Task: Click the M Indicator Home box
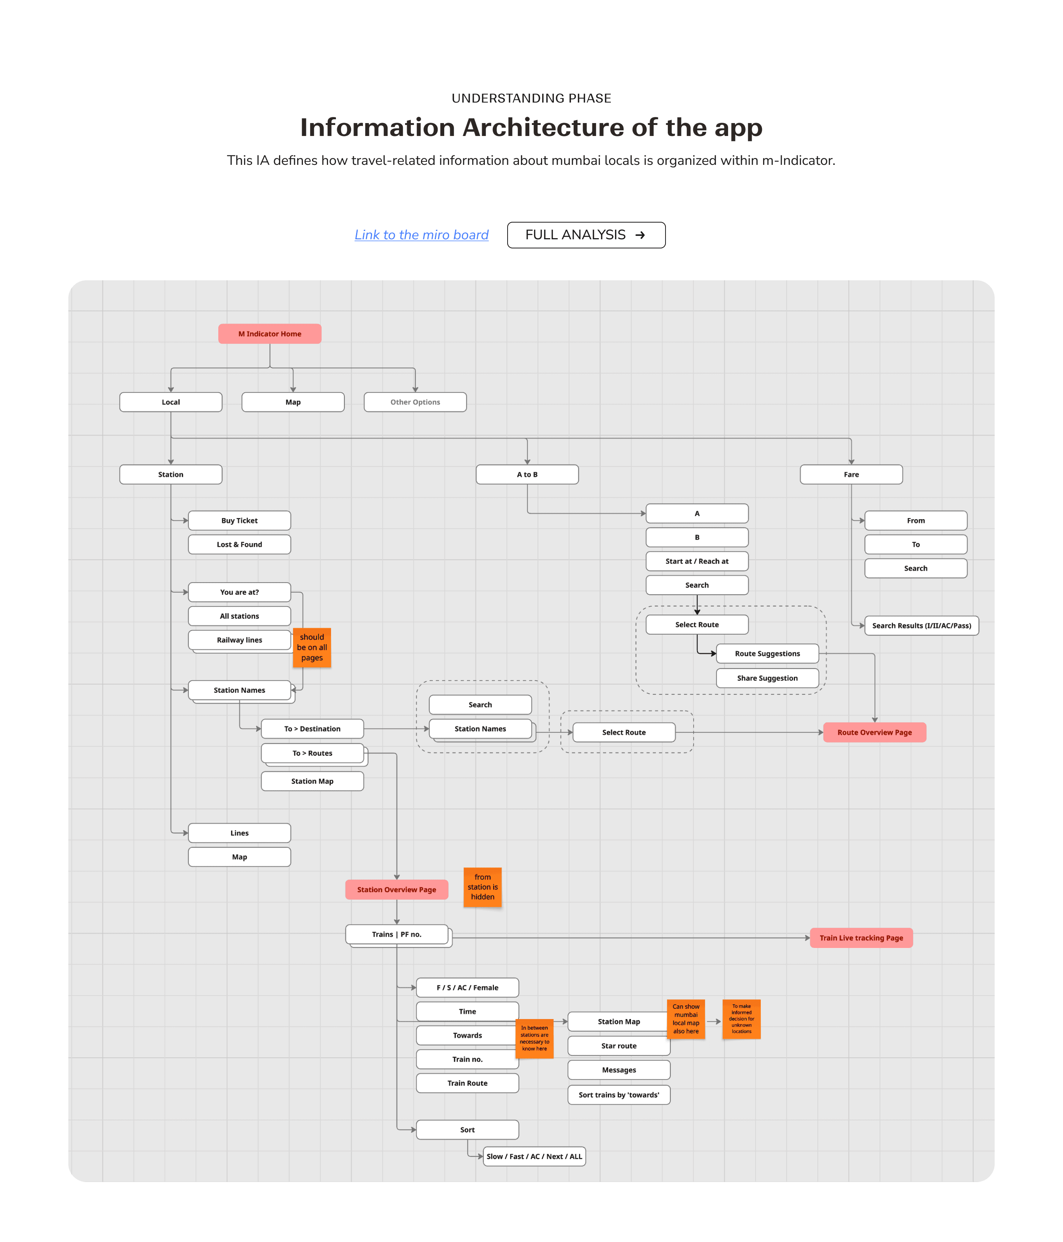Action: [x=270, y=334]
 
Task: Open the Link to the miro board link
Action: [x=421, y=235]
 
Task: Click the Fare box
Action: [x=851, y=474]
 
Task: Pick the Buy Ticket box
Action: [x=239, y=520]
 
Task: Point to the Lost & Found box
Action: [x=239, y=544]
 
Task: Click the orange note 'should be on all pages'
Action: [x=312, y=647]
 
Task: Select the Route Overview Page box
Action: [x=874, y=733]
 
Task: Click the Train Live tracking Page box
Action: [x=861, y=938]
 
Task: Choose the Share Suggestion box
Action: [x=767, y=678]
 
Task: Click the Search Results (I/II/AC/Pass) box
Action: [x=921, y=625]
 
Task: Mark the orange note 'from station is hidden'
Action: [x=483, y=887]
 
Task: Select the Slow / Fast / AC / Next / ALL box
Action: [x=534, y=1156]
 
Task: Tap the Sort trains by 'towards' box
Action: [x=618, y=1095]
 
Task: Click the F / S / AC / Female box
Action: [x=467, y=987]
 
